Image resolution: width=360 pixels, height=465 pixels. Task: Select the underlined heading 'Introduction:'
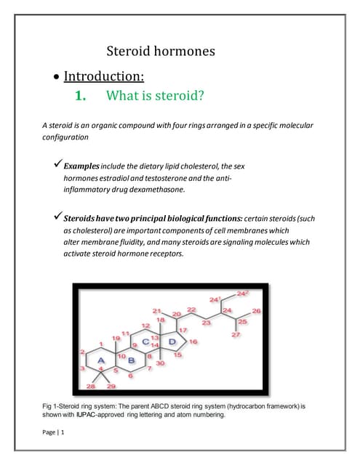104,76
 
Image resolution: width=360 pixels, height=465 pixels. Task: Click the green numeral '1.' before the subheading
81,95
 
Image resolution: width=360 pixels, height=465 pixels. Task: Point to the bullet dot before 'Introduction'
56,77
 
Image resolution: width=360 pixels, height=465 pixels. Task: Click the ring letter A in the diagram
101,360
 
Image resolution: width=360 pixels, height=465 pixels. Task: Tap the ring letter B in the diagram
132,360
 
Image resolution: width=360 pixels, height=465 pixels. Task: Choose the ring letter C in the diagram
145,341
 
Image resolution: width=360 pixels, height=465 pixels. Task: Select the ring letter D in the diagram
172,341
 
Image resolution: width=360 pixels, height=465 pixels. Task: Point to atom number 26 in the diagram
256,311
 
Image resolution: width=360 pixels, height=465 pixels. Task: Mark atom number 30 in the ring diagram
160,363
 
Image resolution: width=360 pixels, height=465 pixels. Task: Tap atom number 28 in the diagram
91,386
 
